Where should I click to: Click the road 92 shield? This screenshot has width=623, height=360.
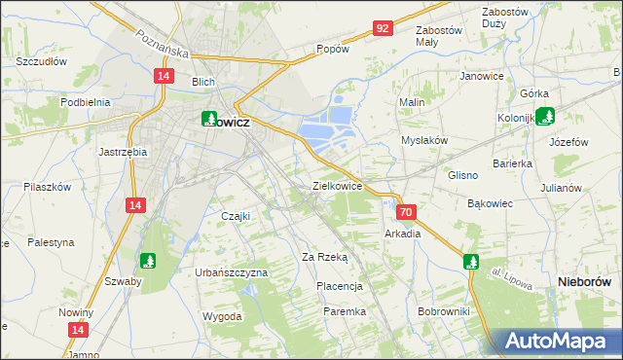point(382,28)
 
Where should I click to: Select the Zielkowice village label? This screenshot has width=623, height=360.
point(338,185)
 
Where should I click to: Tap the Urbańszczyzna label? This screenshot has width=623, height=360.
point(231,272)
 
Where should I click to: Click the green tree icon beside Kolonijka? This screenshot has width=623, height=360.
point(546,117)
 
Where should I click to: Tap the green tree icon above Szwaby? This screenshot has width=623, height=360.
point(148,260)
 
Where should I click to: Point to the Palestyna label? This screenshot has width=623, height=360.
point(51,241)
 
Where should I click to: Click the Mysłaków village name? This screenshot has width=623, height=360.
point(424,140)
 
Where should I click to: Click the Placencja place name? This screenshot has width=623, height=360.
point(340,286)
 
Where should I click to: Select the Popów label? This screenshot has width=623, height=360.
point(333,49)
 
